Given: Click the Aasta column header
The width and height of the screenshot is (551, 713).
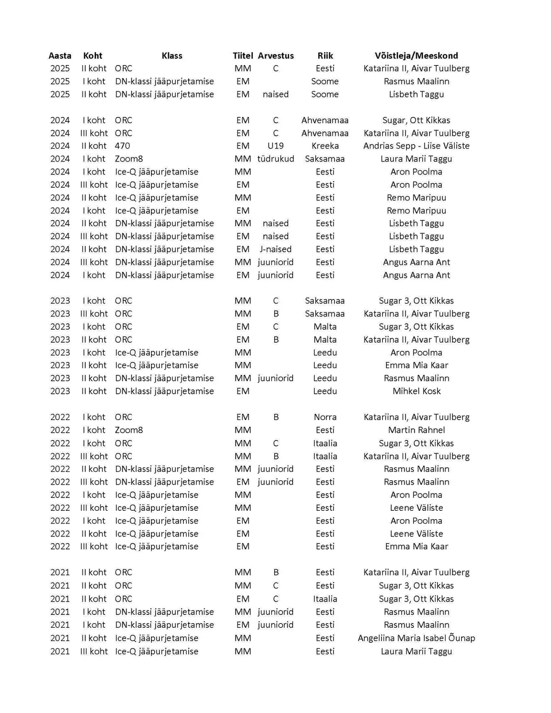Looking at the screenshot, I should tap(60, 56).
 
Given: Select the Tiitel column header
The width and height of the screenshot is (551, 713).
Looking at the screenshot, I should tap(243, 56).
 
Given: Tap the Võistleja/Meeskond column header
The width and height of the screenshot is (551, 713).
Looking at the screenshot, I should tap(416, 56).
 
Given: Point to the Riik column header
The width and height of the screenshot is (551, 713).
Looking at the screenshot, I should tap(325, 56).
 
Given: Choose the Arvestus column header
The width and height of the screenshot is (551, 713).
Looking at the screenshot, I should tap(276, 56).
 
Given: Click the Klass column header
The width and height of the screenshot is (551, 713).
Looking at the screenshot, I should tap(172, 56).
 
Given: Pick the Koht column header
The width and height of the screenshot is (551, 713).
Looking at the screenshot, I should tap(92, 56).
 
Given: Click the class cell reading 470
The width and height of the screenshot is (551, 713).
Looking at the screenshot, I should tap(122, 146).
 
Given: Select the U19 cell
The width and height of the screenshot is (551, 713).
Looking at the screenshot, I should tap(275, 146).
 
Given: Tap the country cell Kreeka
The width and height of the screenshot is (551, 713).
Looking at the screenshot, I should tap(325, 146).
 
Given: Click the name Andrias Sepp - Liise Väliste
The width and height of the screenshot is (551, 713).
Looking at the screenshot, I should tap(416, 146).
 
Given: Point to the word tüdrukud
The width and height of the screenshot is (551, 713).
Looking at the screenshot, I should tap(275, 159).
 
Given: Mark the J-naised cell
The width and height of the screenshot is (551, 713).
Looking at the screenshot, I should tap(275, 249).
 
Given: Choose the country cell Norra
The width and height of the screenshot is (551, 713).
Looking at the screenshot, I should tap(325, 417).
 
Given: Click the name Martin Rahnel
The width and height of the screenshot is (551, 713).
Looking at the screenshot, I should tap(416, 430).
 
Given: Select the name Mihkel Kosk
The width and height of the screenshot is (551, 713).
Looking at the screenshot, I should tap(416, 391).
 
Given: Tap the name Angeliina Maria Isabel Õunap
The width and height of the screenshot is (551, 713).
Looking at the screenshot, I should tap(416, 638).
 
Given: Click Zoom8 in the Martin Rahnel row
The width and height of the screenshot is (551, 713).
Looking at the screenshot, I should tap(129, 430).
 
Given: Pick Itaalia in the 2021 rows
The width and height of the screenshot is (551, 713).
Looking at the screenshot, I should tap(325, 599).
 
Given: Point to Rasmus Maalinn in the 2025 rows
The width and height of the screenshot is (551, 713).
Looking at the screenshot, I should tap(416, 81).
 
